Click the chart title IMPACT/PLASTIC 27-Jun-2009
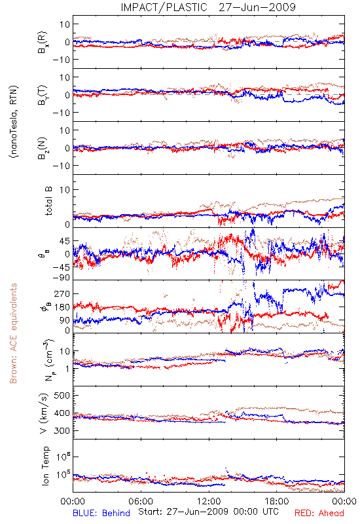coord(208,7)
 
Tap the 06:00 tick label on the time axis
coord(141,501)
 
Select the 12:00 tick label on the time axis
coord(209,501)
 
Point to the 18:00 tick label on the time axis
coord(277,501)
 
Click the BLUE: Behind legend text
coord(101,513)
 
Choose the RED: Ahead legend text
coord(319,513)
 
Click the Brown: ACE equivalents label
coord(13,333)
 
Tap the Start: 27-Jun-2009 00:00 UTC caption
coord(208,512)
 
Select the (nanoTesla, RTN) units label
coord(14,121)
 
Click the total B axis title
coord(48,201)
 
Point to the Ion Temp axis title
coord(45,466)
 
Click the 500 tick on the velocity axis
coord(62,396)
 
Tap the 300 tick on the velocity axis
coord(62,430)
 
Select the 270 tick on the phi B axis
coord(62,293)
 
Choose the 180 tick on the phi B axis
coord(62,307)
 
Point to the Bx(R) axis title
coord(43,43)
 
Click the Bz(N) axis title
coord(43,148)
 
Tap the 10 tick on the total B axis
coord(65,190)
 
